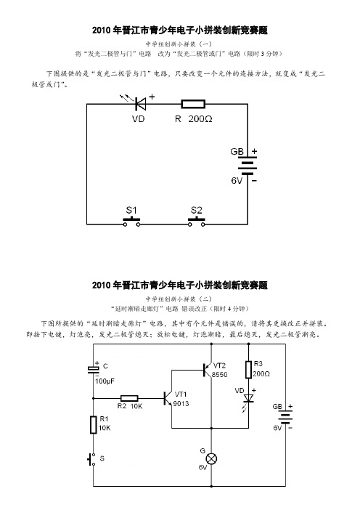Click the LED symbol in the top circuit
tap(140, 104)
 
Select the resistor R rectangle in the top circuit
tap(193, 104)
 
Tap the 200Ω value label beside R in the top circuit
tap(200, 119)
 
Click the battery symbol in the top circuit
tap(247, 166)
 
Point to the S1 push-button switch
tap(131, 222)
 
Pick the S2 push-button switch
tap(196, 222)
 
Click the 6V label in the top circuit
tap(237, 180)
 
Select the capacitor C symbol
tap(93, 369)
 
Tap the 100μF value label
tap(105, 381)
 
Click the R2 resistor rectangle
tap(129, 398)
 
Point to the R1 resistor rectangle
tap(93, 425)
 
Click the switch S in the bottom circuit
tap(91, 459)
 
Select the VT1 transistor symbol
tap(168, 398)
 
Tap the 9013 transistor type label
tap(181, 404)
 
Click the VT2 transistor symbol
tap(208, 370)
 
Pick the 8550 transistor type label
tap(220, 375)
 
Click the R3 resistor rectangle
tap(248, 370)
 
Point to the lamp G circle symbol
tap(211, 459)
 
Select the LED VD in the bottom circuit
tap(248, 398)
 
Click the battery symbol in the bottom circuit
tap(285, 417)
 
